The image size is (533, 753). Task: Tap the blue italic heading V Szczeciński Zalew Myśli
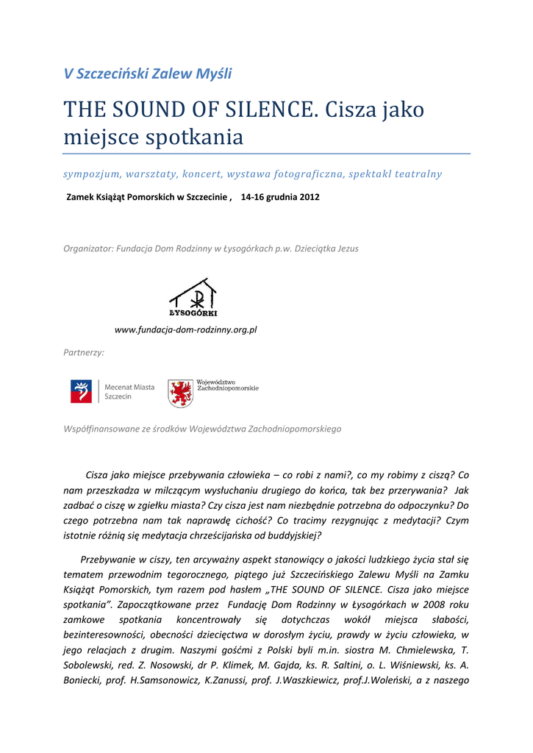pyautogui.click(x=148, y=74)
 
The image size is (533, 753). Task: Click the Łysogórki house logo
pyautogui.click(x=193, y=298)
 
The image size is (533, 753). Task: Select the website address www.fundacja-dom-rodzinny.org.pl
pyautogui.click(x=186, y=330)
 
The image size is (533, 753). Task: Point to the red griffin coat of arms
pyautogui.click(x=180, y=393)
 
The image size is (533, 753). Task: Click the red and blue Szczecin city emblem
pyautogui.click(x=81, y=391)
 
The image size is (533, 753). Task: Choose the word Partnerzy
pyautogui.click(x=83, y=353)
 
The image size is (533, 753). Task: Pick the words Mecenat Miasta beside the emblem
pyautogui.click(x=129, y=387)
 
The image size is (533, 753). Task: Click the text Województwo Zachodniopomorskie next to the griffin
pyautogui.click(x=228, y=385)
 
